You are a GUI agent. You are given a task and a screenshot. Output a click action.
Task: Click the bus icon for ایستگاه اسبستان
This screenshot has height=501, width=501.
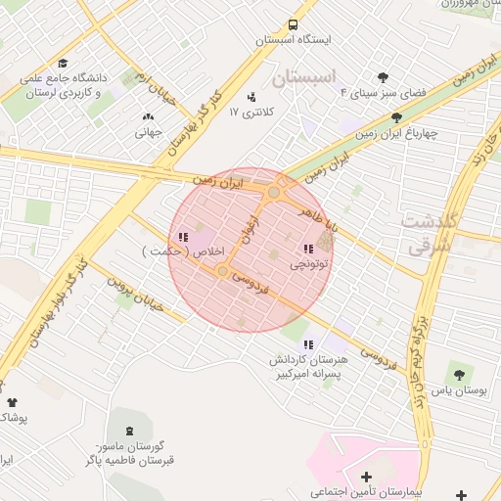pos(294,25)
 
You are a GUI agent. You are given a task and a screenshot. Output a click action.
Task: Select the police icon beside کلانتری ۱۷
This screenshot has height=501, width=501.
pos(252,97)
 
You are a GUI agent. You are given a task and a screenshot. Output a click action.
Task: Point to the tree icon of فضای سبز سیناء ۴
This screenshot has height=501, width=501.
pos(383,77)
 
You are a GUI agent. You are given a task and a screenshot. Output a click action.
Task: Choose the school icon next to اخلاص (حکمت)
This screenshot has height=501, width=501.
pos(183,237)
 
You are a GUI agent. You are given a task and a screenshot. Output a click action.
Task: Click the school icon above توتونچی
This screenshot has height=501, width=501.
pos(309,249)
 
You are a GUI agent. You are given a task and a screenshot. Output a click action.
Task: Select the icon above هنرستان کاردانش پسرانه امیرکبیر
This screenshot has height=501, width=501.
pos(309,343)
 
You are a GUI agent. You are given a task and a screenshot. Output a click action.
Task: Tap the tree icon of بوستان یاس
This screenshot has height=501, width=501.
pos(457,372)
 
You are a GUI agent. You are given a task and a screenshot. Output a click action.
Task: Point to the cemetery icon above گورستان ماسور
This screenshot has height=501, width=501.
pos(130,431)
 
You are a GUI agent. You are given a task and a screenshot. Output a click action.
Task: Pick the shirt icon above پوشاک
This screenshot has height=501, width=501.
pos(12,402)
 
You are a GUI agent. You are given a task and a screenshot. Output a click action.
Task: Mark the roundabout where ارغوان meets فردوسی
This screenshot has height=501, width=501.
pos(223,270)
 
